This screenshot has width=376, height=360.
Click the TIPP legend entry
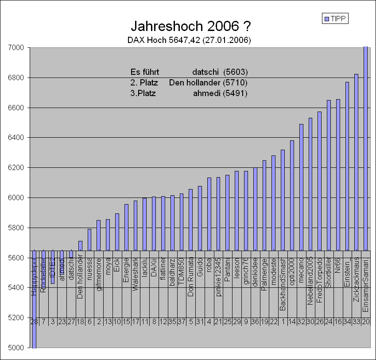coord(336,19)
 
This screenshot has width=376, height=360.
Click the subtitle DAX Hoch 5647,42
coord(189,40)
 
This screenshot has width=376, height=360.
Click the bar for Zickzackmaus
coord(356,162)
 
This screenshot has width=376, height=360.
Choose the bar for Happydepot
coord(34,310)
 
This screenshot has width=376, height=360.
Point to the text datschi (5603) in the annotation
coord(220,72)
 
